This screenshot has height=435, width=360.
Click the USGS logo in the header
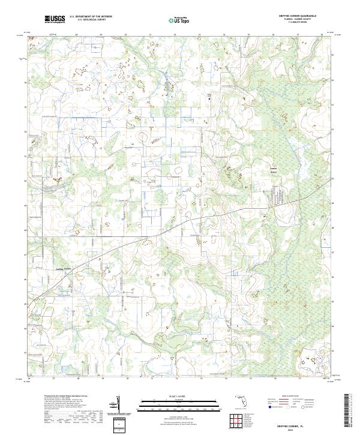55,20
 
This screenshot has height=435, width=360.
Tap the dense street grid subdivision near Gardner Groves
280,194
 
